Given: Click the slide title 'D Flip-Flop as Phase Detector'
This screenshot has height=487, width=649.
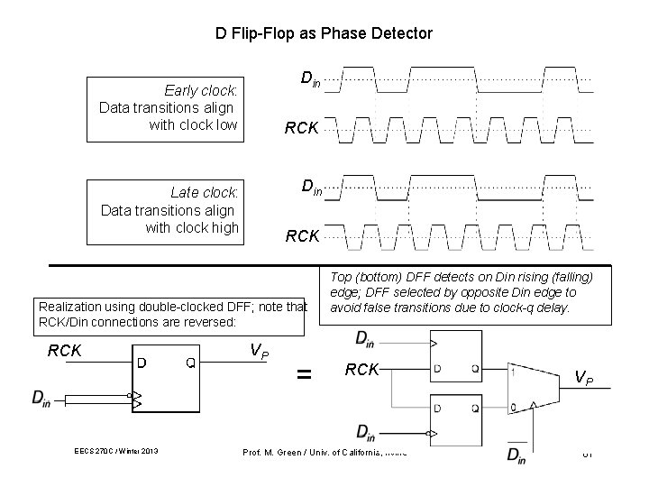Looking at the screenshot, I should click(324, 33).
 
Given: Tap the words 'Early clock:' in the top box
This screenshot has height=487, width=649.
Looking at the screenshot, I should click(200, 90).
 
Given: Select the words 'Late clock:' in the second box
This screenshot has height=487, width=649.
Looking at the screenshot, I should click(205, 192).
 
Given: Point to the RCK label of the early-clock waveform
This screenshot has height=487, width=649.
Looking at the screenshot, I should click(301, 128).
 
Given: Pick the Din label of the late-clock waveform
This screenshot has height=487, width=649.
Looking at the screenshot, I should click(309, 188).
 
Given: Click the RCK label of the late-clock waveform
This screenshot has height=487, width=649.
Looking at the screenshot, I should click(302, 236).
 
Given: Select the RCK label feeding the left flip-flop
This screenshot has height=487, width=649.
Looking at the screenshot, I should click(66, 350).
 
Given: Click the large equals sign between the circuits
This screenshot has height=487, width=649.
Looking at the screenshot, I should click(306, 372).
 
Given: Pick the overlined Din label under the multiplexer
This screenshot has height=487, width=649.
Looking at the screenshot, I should click(516, 455).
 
